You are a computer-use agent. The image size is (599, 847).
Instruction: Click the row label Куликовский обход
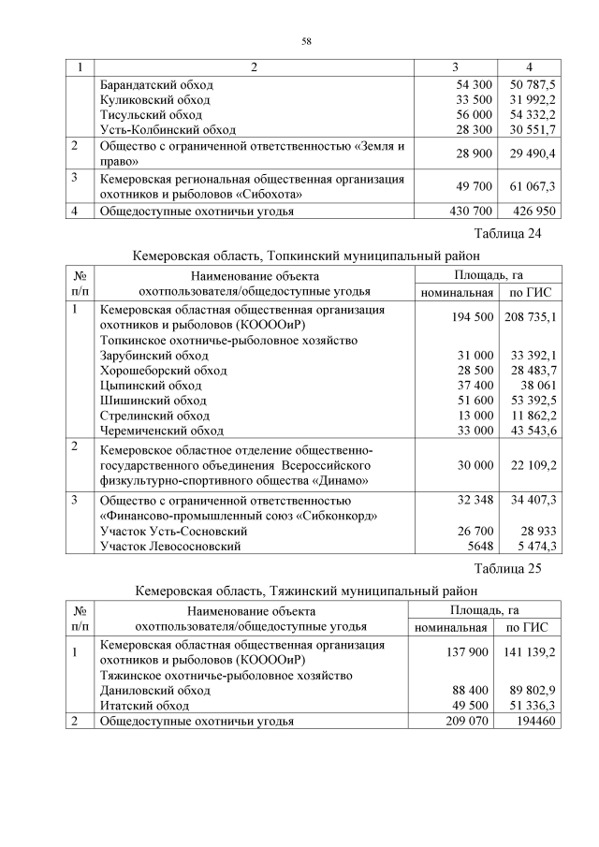pyautogui.click(x=155, y=99)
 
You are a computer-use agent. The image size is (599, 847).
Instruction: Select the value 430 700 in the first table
pyautogui.click(x=459, y=212)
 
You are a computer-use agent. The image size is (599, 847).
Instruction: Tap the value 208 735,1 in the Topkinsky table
pyautogui.click(x=531, y=318)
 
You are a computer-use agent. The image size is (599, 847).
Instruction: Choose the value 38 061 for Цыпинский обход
pyautogui.click(x=537, y=386)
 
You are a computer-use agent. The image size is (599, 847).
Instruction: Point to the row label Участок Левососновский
pyautogui.click(x=170, y=546)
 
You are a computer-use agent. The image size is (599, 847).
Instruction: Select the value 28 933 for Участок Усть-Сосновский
pyautogui.click(x=537, y=531)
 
